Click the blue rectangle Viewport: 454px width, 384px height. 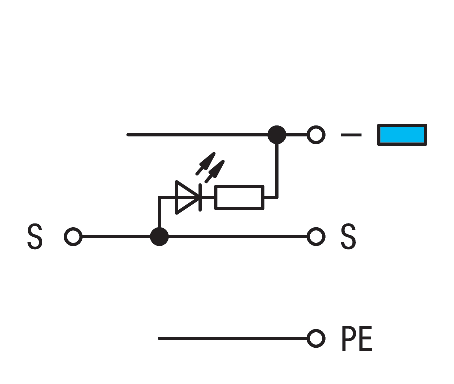point(402,135)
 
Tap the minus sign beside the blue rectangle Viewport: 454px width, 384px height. point(351,135)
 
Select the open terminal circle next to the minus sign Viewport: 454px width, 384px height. point(316,135)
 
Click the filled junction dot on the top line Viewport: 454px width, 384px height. point(277,135)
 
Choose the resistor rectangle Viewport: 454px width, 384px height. point(239,197)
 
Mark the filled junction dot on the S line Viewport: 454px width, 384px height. point(159,237)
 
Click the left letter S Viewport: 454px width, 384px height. point(34,237)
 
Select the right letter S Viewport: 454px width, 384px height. point(348,237)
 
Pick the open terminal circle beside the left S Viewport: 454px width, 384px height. point(73,237)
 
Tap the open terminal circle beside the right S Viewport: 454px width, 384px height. point(316,237)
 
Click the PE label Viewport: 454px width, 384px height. point(357,339)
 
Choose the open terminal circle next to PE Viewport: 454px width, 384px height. point(316,338)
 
